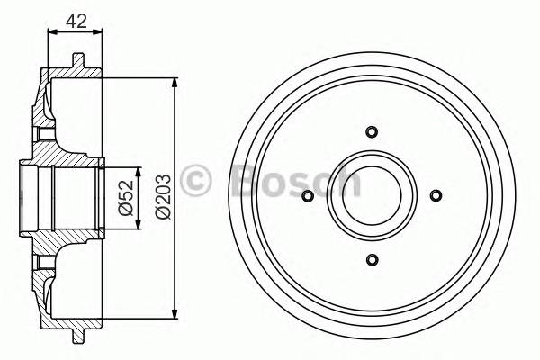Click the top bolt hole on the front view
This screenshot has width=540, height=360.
click(x=371, y=132)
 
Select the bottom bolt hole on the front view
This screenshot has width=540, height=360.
click(x=371, y=260)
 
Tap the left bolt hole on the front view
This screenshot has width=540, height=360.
click(x=307, y=196)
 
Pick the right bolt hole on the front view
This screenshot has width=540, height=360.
click(x=436, y=196)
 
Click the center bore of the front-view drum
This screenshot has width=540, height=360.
click(x=371, y=196)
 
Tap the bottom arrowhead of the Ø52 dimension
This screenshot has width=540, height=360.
click(x=138, y=223)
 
